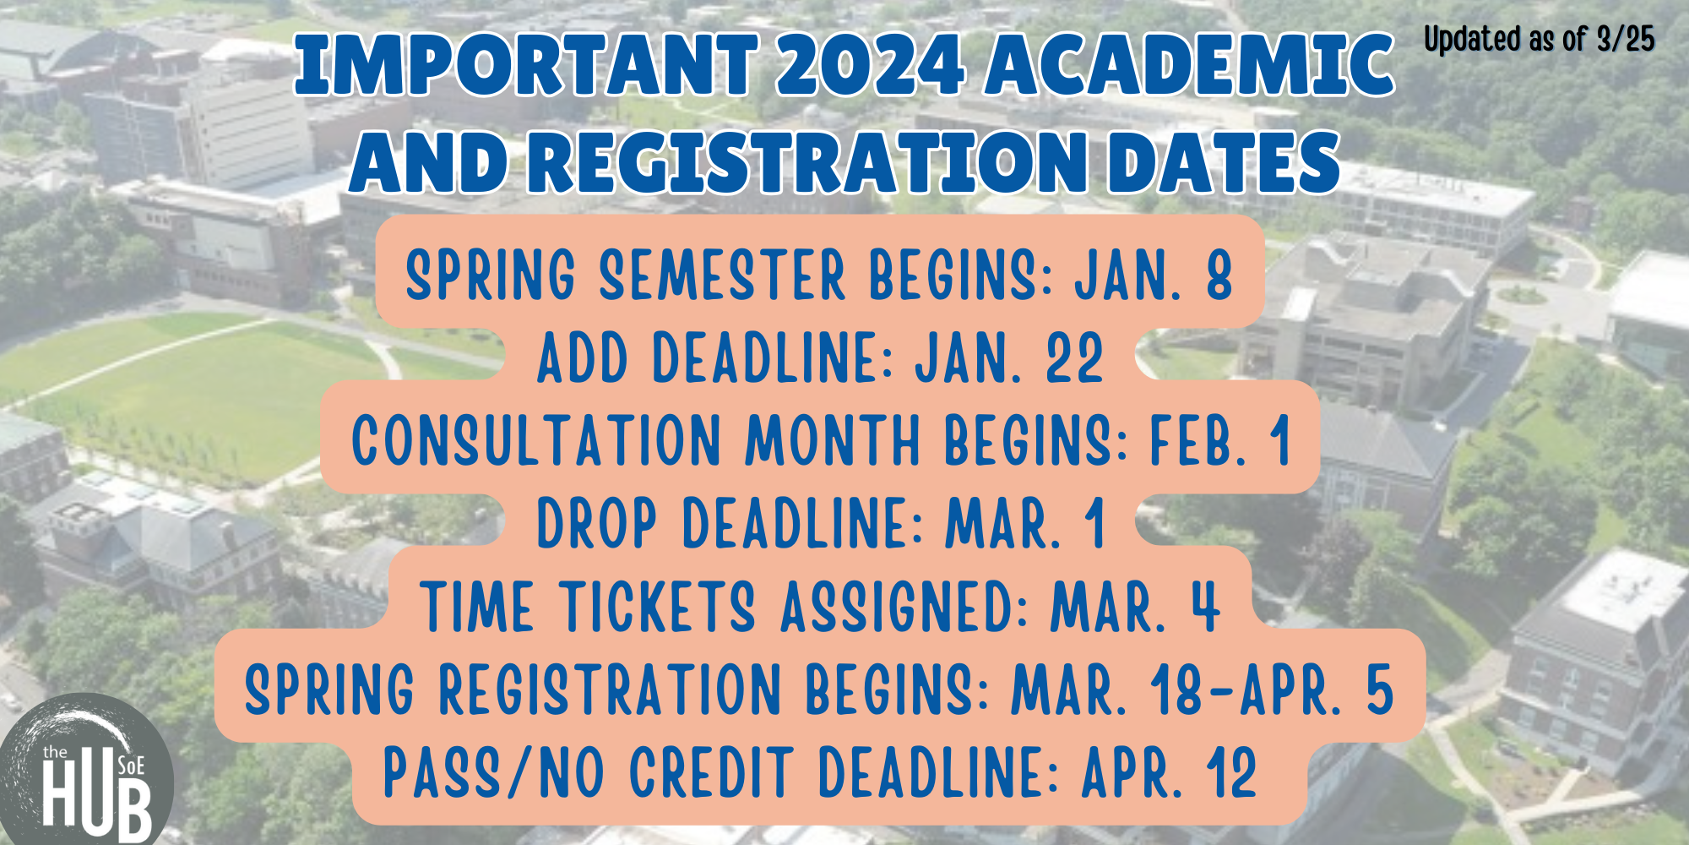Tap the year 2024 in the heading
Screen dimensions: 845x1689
click(x=870, y=66)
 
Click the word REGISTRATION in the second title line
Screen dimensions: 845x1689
click(x=809, y=162)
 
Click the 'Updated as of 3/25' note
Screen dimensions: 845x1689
click(x=1539, y=40)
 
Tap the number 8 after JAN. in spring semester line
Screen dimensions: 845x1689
click(x=1219, y=275)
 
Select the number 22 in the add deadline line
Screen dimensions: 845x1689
click(x=1074, y=358)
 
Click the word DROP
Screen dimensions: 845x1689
click(x=597, y=524)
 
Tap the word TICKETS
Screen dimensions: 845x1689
click(x=658, y=607)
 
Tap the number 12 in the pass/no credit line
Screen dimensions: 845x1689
click(x=1231, y=772)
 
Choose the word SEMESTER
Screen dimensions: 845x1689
click(x=722, y=275)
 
